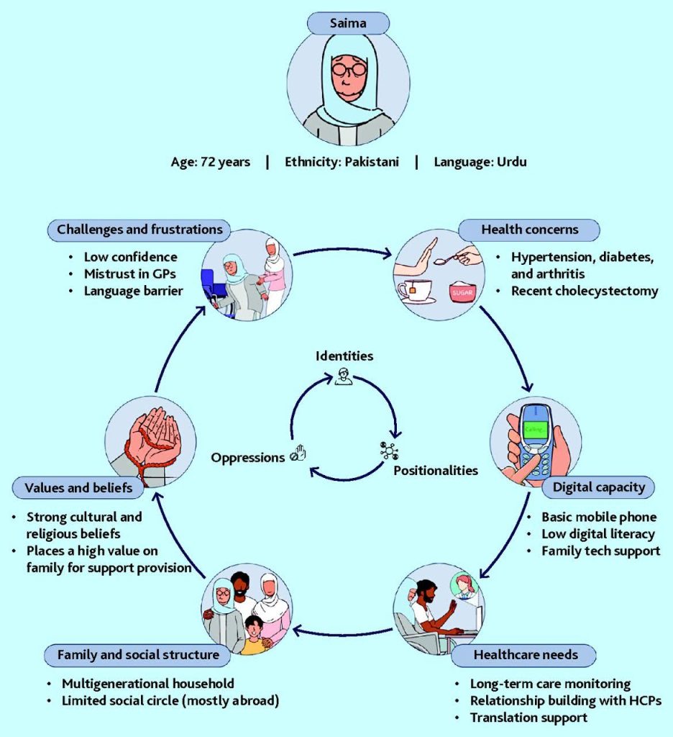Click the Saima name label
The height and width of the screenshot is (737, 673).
(348, 24)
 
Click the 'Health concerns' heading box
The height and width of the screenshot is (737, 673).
(528, 230)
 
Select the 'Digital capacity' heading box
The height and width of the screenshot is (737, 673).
(598, 487)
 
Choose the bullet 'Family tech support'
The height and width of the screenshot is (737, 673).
(600, 551)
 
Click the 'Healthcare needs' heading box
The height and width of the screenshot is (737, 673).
(524, 655)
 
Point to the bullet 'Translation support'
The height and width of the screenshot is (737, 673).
(528, 718)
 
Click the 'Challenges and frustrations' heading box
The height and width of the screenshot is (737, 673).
(139, 230)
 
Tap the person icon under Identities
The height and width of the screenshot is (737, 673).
(343, 376)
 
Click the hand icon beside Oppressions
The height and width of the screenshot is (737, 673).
(298, 455)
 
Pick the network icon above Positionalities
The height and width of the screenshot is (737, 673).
(389, 451)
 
